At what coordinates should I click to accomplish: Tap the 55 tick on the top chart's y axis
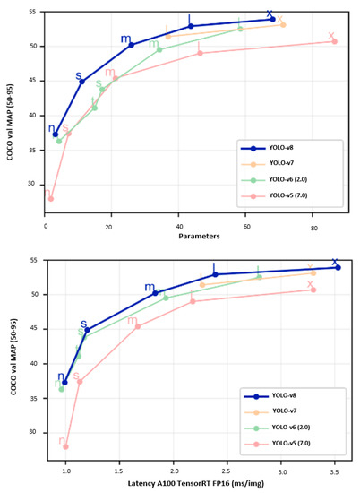pos(34,13)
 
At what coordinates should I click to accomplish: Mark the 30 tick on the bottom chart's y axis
pos(34,432)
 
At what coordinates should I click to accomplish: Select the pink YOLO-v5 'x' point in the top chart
pos(334,41)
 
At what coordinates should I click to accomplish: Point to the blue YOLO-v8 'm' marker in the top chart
pos(131,45)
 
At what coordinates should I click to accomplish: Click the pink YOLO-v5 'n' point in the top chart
pos(50,199)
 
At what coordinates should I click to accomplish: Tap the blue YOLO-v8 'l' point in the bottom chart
pos(215,274)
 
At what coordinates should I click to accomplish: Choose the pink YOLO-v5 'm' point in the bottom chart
pos(137,326)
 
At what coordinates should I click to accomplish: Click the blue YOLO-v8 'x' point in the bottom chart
pos(338,267)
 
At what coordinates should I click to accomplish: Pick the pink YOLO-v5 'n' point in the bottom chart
pos(65,446)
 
